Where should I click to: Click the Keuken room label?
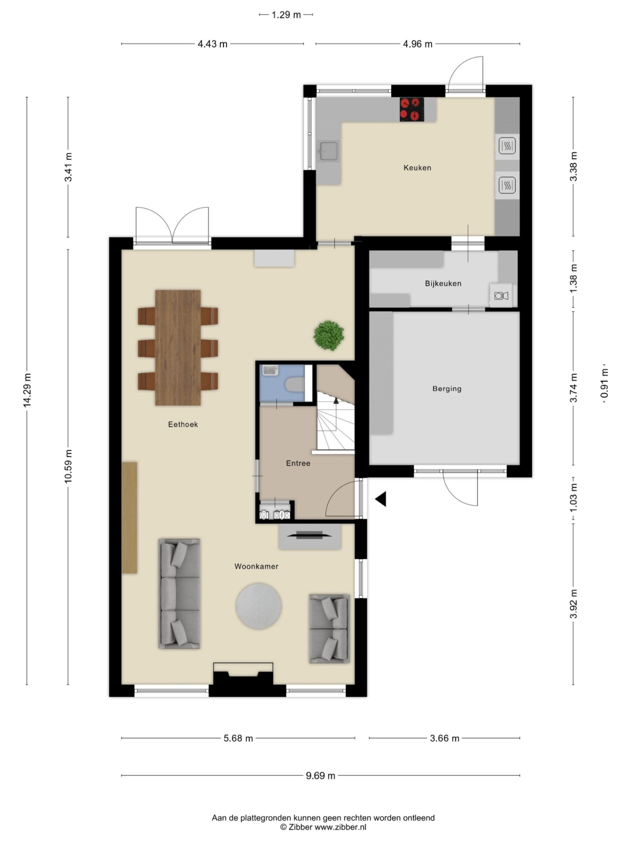click(x=417, y=168)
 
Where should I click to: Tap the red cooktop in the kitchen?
click(x=412, y=109)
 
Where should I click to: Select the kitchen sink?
click(x=328, y=151)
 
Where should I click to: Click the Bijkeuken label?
click(x=443, y=283)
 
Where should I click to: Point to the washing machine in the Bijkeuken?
click(x=501, y=295)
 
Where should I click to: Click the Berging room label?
click(x=446, y=389)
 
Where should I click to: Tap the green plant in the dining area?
click(x=329, y=335)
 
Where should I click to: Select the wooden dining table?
click(x=178, y=348)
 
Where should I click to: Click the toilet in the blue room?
click(x=294, y=384)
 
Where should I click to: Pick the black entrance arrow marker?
click(x=381, y=499)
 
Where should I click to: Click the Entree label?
click(x=298, y=463)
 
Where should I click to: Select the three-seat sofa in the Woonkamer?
click(x=179, y=593)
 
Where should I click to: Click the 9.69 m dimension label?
click(x=320, y=776)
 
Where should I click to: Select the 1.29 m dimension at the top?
click(x=286, y=15)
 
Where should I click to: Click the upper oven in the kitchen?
click(x=507, y=145)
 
